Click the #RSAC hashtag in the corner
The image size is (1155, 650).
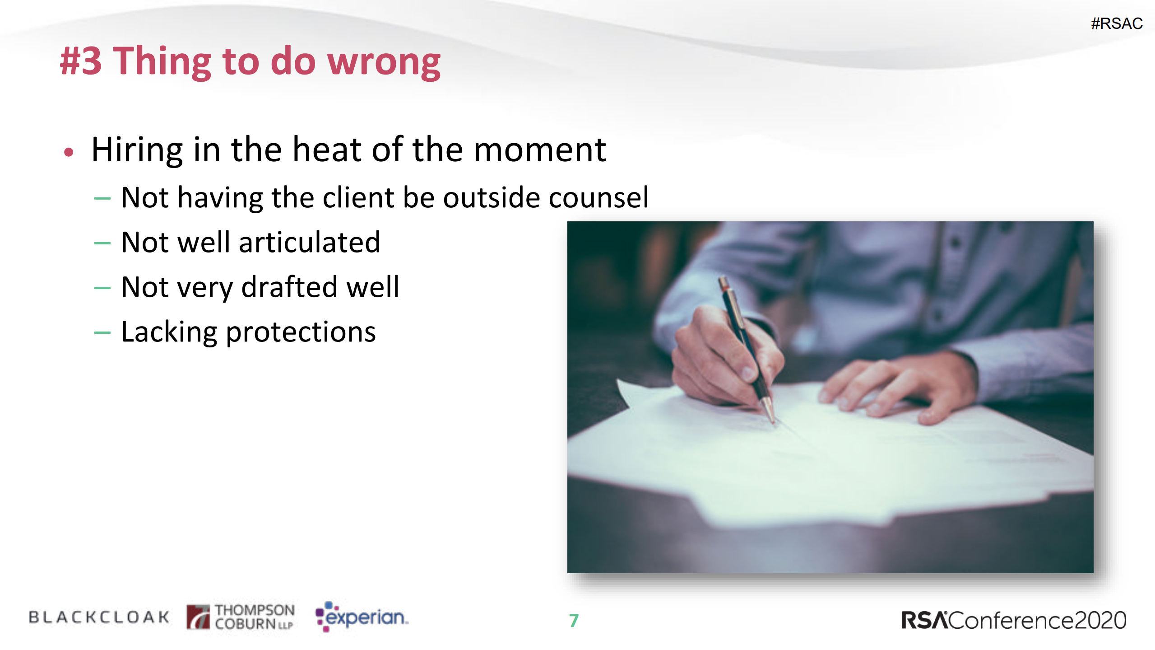pos(1116,23)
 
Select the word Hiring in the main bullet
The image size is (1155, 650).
pos(137,150)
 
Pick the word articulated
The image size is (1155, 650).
pos(310,242)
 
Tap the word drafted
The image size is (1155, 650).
pos(289,287)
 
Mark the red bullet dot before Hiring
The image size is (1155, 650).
pos(69,152)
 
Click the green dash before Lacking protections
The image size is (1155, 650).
pos(102,333)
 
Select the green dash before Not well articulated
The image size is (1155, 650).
pos(102,243)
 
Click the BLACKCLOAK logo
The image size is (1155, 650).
pos(99,617)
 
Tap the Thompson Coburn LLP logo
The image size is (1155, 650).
pos(241,617)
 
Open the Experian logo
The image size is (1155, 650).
pos(362,617)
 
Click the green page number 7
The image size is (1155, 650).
pos(574,621)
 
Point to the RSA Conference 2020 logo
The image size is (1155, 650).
pos(1014,620)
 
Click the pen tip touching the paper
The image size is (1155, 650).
pos(774,421)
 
